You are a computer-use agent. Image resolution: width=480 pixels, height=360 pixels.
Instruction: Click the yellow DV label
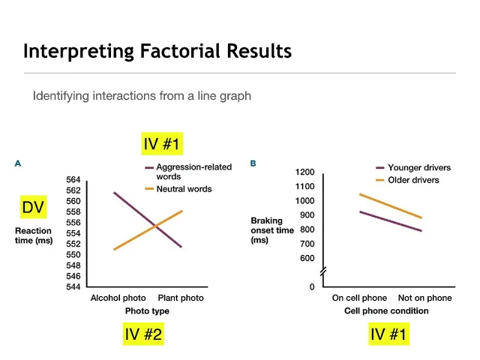click(34, 207)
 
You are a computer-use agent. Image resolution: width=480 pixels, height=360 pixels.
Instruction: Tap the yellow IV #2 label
click(142, 334)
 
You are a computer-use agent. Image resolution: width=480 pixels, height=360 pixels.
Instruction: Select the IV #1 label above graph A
click(161, 143)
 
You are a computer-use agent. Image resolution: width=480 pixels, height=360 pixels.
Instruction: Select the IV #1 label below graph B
click(388, 334)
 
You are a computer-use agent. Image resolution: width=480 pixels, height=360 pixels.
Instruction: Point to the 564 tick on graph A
click(73, 180)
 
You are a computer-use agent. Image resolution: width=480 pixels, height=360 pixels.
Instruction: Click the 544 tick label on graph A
click(73, 286)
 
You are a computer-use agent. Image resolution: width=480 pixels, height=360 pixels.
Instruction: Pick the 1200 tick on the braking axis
click(304, 172)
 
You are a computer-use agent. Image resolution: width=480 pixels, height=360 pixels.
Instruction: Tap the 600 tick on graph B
click(307, 259)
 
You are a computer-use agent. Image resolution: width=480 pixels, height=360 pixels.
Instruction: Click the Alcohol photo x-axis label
click(118, 298)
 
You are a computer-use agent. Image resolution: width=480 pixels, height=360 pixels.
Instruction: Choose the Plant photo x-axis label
click(180, 298)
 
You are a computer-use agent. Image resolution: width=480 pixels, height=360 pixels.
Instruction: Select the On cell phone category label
click(359, 298)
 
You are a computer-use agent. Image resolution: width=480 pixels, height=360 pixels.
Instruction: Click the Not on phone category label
click(424, 298)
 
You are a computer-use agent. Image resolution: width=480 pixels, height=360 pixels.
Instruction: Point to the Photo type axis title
click(147, 310)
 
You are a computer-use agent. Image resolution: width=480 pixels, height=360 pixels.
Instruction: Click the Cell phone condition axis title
click(386, 310)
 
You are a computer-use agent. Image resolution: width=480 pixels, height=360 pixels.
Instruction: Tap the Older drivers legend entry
click(412, 180)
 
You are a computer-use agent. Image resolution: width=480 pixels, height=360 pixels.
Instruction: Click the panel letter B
click(253, 163)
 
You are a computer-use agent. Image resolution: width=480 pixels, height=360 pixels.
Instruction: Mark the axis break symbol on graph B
click(322, 271)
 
